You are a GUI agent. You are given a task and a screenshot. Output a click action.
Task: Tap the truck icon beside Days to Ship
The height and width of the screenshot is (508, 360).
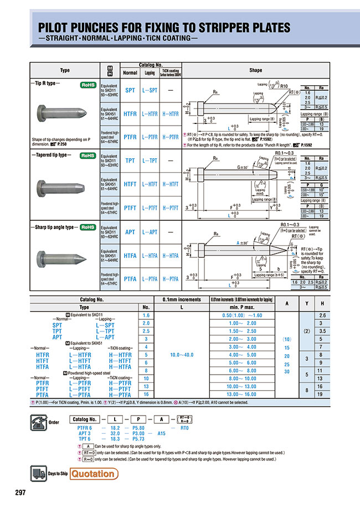pos(37,473)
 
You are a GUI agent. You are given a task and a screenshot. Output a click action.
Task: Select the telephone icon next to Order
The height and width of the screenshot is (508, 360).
pos(37,419)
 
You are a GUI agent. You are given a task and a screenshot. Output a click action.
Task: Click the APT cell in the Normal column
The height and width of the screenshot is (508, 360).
pos(130,232)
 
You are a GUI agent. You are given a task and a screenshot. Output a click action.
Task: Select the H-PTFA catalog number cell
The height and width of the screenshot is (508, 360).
pos(170,279)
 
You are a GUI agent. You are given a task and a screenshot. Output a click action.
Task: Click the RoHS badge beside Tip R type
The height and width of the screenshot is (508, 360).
pos(88,85)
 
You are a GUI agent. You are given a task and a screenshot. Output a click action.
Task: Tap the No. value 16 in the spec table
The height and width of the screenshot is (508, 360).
pos(147,393)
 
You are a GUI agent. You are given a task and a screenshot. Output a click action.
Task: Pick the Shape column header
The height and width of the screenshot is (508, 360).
pos(255,70)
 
